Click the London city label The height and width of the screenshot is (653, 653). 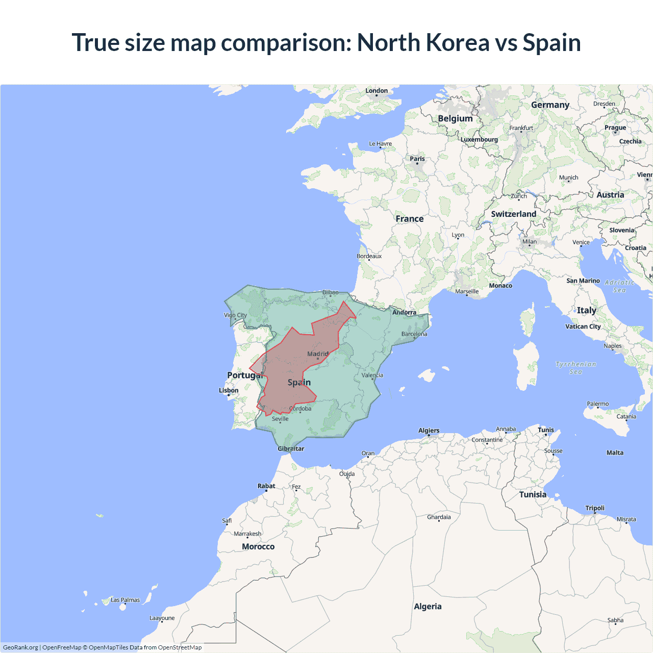[x=376, y=91]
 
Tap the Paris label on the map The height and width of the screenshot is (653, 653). [x=417, y=159]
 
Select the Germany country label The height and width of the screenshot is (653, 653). [x=550, y=105]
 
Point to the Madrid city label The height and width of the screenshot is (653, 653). [x=318, y=354]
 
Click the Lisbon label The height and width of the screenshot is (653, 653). [x=229, y=390]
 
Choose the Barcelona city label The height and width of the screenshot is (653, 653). [x=414, y=334]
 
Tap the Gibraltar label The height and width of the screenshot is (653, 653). [x=291, y=449]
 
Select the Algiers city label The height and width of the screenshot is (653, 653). [x=429, y=431]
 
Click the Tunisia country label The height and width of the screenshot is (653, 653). [x=533, y=494]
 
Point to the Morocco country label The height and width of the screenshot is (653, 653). [x=258, y=546]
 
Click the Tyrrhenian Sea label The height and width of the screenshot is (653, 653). [x=575, y=368]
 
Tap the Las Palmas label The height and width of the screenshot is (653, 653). [x=125, y=600]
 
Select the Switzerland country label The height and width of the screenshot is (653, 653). [x=513, y=214]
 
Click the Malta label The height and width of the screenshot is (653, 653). [x=615, y=453]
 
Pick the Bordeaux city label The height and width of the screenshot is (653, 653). [x=369, y=256]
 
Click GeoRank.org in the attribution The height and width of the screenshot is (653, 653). [x=20, y=647]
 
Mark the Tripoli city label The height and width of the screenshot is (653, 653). [x=595, y=508]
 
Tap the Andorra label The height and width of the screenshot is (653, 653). [x=404, y=312]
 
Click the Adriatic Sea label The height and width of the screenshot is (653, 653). [x=619, y=286]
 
